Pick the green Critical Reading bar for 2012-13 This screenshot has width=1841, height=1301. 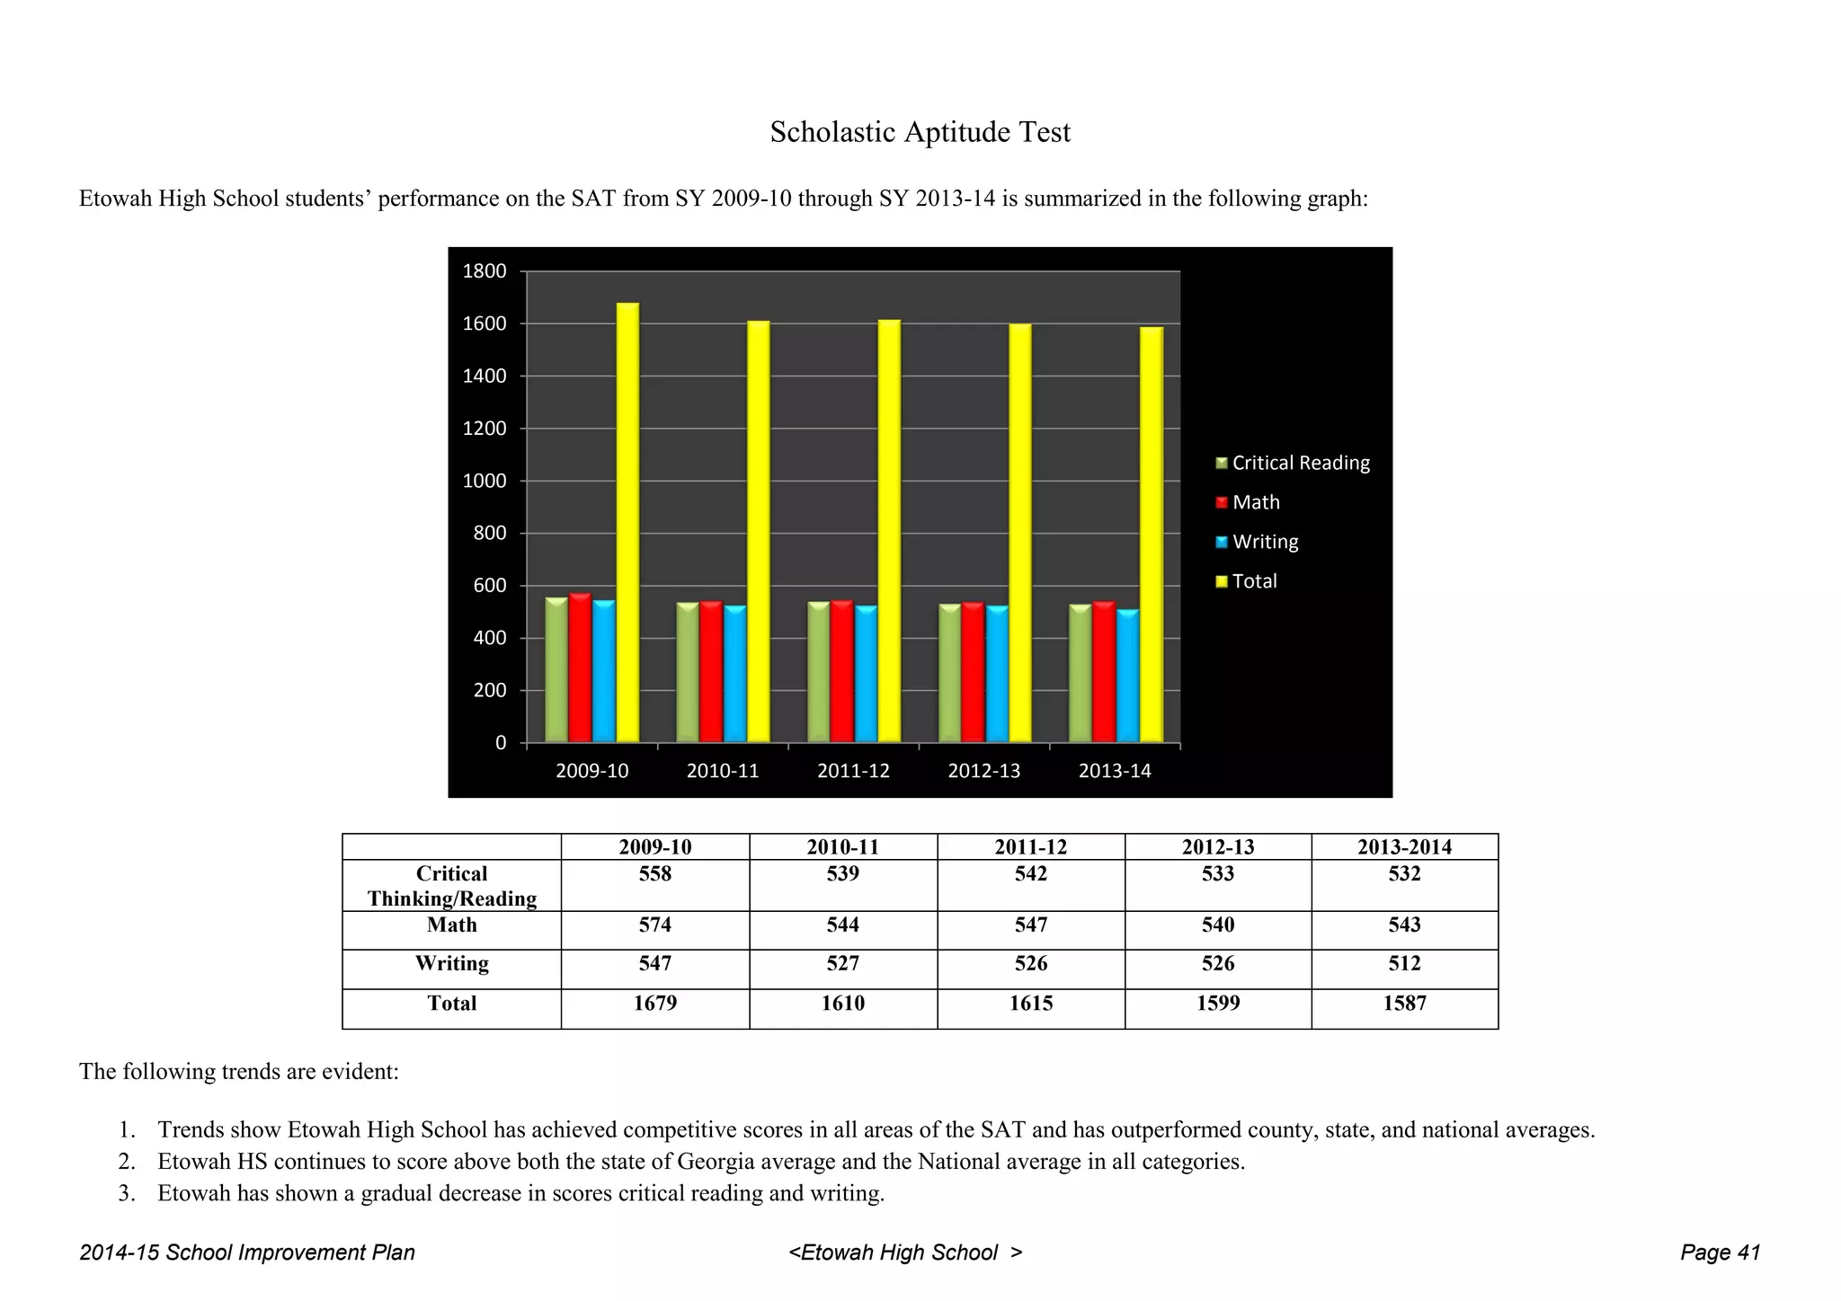949,673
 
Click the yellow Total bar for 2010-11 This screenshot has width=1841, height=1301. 758,531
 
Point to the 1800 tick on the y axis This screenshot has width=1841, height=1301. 485,271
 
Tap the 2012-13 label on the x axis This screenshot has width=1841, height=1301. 983,771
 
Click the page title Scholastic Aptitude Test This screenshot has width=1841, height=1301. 920,132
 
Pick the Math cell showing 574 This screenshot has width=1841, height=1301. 654,925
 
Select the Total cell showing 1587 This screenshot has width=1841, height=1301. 1404,1004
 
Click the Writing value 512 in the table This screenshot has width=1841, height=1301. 1404,963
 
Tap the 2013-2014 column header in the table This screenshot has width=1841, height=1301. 1404,846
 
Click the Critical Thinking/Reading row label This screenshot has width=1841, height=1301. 451,886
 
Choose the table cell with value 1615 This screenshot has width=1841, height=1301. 1030,1004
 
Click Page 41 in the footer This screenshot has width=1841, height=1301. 1720,1252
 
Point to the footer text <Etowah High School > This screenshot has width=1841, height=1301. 905,1252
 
